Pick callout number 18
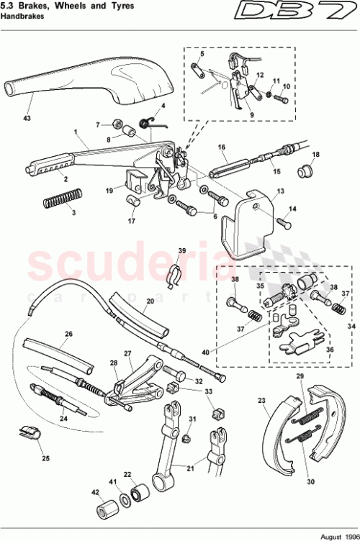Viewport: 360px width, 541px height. point(315,155)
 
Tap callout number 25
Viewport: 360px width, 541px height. point(44,458)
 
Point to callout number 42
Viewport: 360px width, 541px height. point(94,493)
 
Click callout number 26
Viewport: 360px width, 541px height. point(69,334)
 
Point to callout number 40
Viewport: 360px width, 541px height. point(207,353)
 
